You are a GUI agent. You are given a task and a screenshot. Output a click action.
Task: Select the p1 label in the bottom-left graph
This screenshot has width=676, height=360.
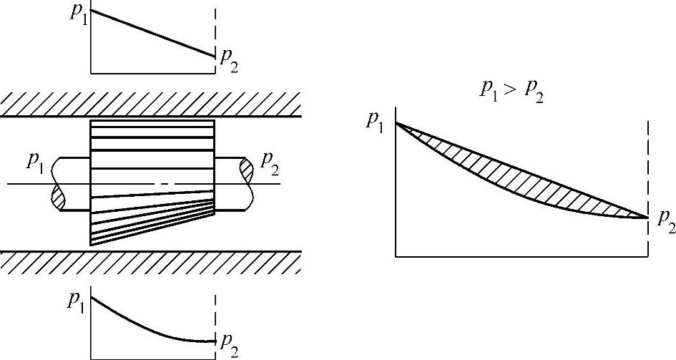coord(77,301)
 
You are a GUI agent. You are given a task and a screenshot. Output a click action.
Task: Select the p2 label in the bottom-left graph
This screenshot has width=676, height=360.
coord(228,345)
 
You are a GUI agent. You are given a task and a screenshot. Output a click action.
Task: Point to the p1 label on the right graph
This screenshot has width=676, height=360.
coord(377,120)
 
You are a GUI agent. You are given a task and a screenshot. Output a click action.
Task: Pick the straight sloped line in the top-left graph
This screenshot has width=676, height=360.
coord(152,33)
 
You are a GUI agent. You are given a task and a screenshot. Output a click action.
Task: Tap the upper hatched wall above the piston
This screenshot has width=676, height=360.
coord(150,104)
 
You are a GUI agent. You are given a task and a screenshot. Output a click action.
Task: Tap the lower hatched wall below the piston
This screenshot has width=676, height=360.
coord(150,263)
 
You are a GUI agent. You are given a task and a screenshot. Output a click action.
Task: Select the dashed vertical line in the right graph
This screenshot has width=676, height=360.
coord(648,165)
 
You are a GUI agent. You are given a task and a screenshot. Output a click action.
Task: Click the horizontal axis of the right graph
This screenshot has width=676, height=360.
coord(522,255)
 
